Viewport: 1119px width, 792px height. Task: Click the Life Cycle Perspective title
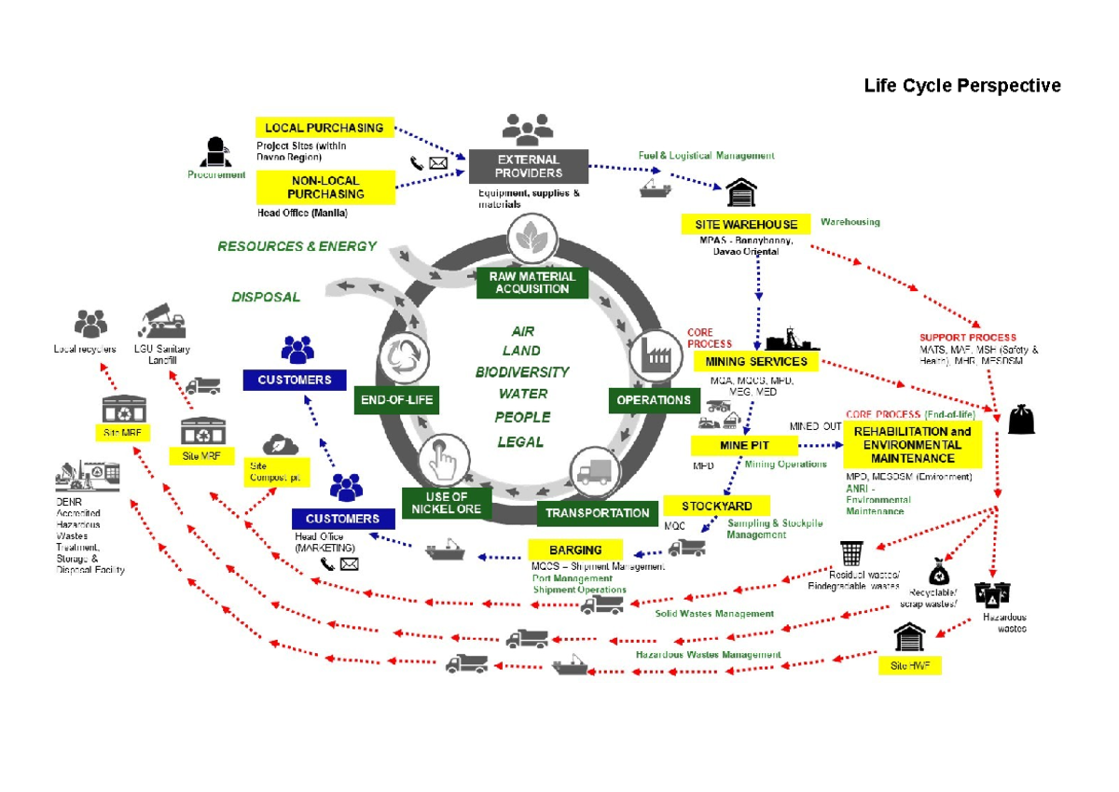coord(961,86)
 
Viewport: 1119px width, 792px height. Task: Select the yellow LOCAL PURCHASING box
coord(324,128)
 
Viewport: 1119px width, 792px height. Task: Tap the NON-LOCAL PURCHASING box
coord(325,188)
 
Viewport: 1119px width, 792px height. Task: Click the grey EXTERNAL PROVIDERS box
coord(528,166)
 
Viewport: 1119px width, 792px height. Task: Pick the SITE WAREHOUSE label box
coord(745,224)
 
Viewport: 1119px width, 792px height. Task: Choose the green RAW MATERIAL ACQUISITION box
coord(532,283)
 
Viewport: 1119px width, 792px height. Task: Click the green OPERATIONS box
coord(654,400)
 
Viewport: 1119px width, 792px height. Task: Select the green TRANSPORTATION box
coord(597,513)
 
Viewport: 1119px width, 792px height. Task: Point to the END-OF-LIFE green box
coord(396,401)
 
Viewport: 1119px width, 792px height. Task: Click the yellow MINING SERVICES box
coord(756,361)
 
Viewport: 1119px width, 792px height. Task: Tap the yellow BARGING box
coord(575,549)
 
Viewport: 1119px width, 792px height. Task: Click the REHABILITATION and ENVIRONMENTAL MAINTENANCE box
coord(912,445)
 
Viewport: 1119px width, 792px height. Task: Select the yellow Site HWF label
coord(909,665)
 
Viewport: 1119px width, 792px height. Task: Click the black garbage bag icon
coord(1021,420)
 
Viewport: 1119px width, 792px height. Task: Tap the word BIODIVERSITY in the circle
coord(521,371)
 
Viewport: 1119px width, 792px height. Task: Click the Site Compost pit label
coord(274,471)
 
